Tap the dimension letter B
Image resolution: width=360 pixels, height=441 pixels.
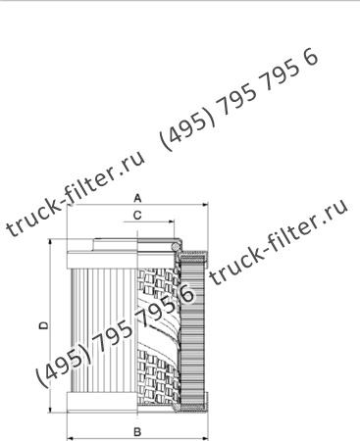click(x=138, y=430)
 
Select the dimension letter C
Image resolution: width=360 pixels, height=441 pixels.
click(x=137, y=215)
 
